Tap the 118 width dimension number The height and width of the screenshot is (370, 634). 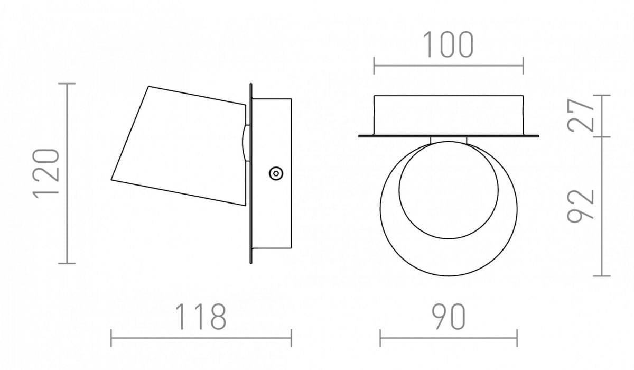[x=201, y=317]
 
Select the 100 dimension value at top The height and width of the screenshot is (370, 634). [x=448, y=44]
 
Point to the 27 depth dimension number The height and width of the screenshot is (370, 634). [x=580, y=115]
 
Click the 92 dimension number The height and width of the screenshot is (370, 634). [x=580, y=206]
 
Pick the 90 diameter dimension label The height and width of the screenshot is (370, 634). [x=449, y=317]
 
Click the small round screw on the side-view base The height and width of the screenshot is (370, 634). [x=276, y=173]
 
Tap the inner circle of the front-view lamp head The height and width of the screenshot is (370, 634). [x=449, y=238]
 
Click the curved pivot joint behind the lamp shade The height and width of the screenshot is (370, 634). [x=246, y=143]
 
